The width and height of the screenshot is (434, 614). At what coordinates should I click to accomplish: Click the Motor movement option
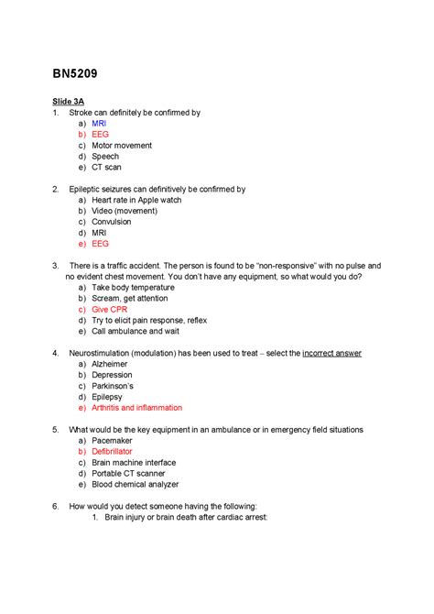[x=121, y=145]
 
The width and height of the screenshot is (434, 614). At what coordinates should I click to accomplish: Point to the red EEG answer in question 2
[x=100, y=244]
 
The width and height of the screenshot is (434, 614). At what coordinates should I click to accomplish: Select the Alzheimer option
[x=110, y=364]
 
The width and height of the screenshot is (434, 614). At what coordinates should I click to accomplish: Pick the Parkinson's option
[x=113, y=386]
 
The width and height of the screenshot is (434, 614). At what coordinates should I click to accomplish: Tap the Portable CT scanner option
[x=127, y=474]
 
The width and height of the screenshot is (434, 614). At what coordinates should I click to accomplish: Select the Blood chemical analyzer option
[x=135, y=485]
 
